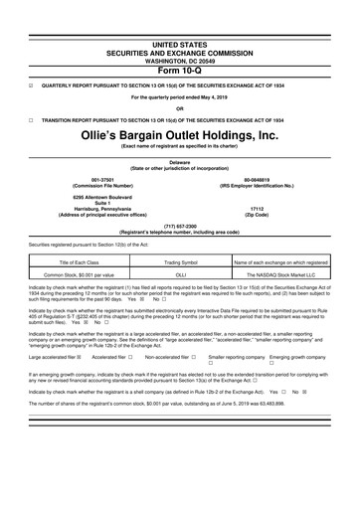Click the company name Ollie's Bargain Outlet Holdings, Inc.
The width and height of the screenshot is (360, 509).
180,135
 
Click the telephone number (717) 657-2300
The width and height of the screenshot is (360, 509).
180,224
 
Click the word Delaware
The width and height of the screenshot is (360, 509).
180,161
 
